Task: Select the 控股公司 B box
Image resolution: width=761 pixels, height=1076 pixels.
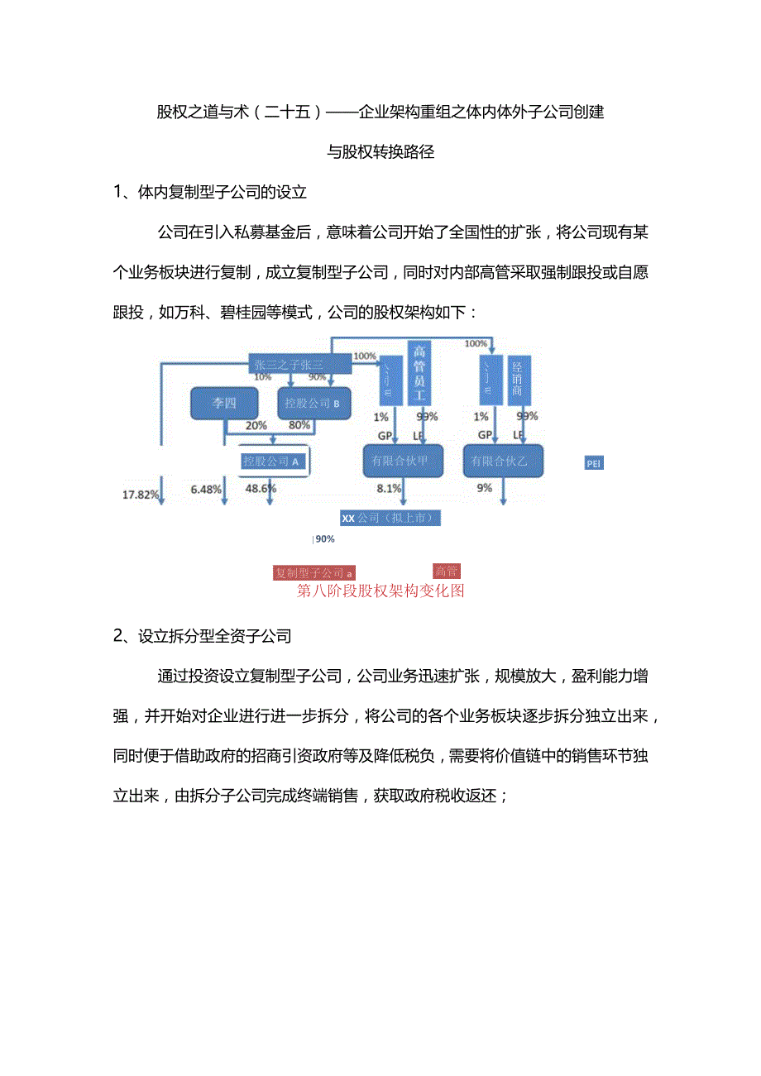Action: click(313, 404)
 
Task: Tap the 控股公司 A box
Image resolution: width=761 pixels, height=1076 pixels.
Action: click(271, 461)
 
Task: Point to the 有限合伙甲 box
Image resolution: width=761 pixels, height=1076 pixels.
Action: click(401, 461)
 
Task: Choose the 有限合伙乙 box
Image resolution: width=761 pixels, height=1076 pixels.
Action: click(502, 461)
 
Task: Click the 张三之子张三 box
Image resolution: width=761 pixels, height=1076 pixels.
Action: click(289, 364)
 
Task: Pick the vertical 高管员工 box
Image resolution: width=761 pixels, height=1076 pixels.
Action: click(419, 374)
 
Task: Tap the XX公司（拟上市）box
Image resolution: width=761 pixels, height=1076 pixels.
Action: click(388, 518)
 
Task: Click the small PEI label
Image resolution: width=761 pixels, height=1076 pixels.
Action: click(594, 464)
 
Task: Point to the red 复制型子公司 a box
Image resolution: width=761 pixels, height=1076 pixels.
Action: click(314, 572)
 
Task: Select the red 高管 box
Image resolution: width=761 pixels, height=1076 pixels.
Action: click(446, 571)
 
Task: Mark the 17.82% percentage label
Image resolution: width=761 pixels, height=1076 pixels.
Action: click(141, 495)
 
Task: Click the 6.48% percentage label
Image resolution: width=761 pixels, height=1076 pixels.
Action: click(206, 489)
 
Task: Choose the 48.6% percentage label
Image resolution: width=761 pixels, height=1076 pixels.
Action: click(261, 489)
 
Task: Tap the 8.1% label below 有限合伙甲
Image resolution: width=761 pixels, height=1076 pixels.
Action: click(388, 489)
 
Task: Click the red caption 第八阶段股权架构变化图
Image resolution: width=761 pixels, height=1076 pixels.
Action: click(380, 591)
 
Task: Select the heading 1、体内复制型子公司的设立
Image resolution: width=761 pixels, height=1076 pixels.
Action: click(210, 193)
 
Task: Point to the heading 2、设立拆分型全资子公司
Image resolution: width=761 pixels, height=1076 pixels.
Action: click(203, 636)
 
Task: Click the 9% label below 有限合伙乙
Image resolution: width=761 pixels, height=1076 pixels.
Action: click(484, 489)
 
